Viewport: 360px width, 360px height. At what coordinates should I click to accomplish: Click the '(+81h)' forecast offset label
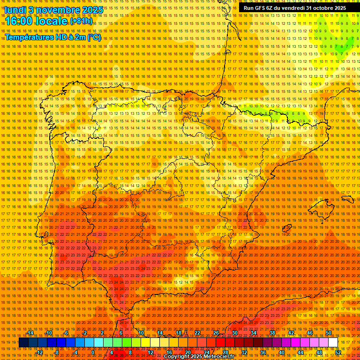pos(81,22)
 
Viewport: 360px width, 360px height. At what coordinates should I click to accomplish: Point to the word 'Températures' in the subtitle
pos(28,37)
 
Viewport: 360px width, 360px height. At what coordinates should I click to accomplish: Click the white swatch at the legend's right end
pos(333,343)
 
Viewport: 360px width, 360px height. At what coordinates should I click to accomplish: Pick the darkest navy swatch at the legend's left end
pos(24,343)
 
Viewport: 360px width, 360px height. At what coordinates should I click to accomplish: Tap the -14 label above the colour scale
pos(30,333)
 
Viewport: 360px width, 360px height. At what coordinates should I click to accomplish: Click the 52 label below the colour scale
pos(338,352)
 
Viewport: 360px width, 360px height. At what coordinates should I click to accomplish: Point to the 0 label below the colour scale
pos(93,352)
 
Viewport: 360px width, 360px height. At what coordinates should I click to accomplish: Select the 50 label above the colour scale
pos(329,333)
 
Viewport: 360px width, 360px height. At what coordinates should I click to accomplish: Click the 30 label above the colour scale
pos(234,333)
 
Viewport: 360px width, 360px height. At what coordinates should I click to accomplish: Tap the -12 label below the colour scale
pos(39,352)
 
